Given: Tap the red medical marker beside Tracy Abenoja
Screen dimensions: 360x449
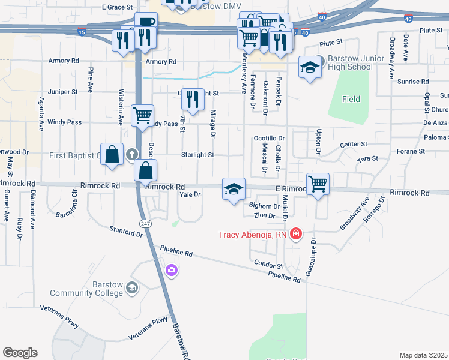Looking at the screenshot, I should click(x=295, y=234).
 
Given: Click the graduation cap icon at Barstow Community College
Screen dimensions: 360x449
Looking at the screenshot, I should click(x=131, y=289).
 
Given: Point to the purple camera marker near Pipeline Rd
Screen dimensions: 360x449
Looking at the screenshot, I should click(x=172, y=271).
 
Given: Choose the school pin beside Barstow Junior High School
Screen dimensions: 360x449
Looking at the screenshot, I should click(x=310, y=67).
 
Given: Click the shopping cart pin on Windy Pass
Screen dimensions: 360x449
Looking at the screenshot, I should click(x=142, y=115).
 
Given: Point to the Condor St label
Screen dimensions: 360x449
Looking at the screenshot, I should click(x=268, y=265).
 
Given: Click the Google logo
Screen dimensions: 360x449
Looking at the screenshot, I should click(x=20, y=353).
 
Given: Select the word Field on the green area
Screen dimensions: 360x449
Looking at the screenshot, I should click(x=351, y=99).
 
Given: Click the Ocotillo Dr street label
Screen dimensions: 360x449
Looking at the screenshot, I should click(x=269, y=138).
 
